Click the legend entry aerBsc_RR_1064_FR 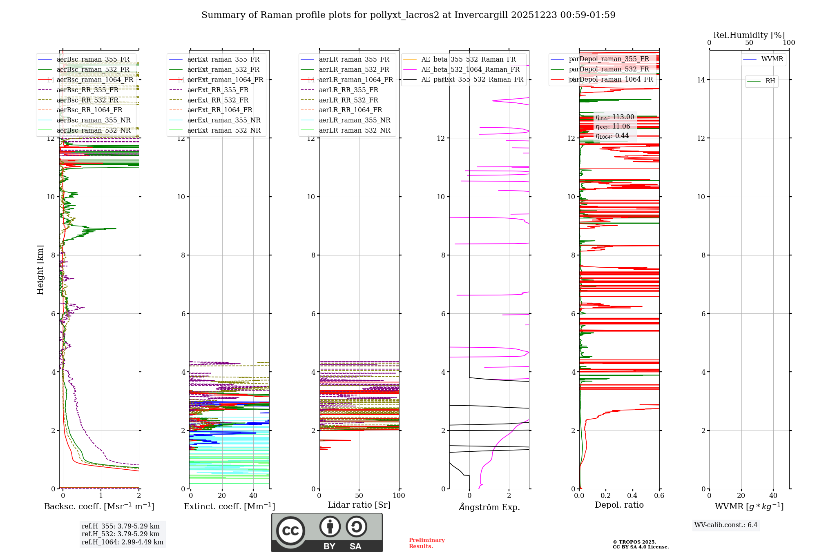[x=89, y=110]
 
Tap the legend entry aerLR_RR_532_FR [x=348, y=100]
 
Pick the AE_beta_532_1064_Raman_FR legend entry [x=470, y=69]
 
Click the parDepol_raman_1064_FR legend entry [x=611, y=80]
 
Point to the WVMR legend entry [x=772, y=59]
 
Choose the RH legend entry [x=770, y=81]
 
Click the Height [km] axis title [x=40, y=269]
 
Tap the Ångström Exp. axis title [x=489, y=507]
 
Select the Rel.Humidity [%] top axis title [x=749, y=35]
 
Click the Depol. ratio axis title [x=619, y=505]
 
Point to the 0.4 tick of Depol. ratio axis [x=632, y=496]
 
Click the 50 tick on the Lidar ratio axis [x=359, y=496]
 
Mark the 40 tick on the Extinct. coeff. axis [x=253, y=496]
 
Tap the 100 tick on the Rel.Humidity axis [x=789, y=43]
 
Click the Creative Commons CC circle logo [x=290, y=531]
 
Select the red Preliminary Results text [x=426, y=543]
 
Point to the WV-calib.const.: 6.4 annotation [x=725, y=525]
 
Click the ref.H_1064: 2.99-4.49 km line [x=122, y=542]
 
